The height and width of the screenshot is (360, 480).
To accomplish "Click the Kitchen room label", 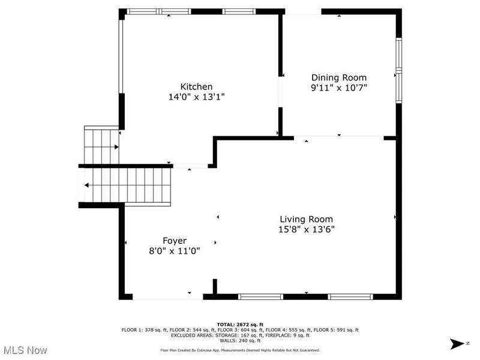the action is click(196, 86).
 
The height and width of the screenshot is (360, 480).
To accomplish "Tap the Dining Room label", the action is click(339, 78).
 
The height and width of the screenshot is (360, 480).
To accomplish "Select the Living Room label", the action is click(307, 219).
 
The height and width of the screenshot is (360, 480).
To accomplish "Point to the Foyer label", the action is click(175, 241).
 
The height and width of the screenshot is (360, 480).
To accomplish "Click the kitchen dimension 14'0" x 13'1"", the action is click(197, 97).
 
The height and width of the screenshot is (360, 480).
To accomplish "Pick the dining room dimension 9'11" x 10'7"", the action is click(339, 88).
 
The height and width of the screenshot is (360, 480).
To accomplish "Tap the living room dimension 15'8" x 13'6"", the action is click(307, 229).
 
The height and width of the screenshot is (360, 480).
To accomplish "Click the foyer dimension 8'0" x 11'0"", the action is click(175, 251).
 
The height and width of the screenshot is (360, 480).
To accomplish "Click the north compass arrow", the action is click(458, 344).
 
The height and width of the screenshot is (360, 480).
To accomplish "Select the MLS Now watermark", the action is click(24, 350).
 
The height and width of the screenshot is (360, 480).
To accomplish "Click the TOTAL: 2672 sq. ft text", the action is click(240, 325).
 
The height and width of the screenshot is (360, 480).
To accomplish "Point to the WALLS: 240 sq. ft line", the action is click(240, 340).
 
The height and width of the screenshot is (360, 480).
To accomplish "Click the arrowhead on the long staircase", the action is click(86, 185).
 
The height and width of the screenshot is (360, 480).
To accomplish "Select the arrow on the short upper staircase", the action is click(116, 147).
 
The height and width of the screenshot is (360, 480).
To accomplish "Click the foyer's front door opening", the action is click(168, 296).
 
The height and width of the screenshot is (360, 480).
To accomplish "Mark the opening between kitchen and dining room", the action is click(280, 92).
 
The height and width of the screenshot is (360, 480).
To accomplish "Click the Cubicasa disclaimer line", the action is click(240, 350).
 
